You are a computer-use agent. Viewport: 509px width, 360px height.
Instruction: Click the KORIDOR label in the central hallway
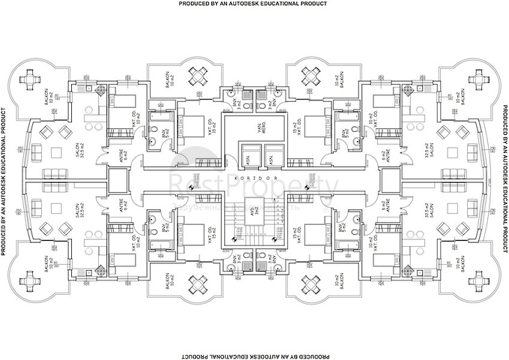pos(255,180)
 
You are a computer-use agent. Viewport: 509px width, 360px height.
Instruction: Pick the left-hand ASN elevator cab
pos(244,159)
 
